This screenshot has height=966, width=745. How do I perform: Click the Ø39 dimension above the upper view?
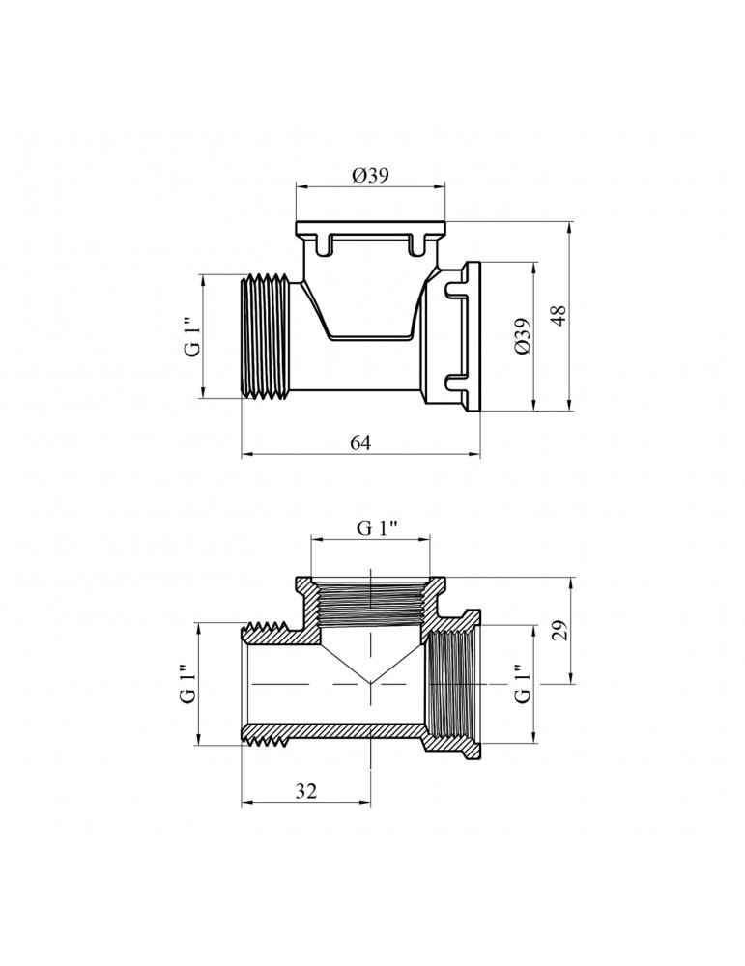coord(370,176)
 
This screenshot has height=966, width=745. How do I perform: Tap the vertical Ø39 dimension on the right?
coord(523,335)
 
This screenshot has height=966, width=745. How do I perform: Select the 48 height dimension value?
coord(558,315)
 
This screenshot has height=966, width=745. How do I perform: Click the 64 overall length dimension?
coord(360,443)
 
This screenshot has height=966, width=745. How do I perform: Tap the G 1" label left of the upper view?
coord(192,337)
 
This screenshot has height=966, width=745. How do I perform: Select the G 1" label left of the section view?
coord(187,684)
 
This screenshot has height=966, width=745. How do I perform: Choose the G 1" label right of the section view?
coord(522,684)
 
